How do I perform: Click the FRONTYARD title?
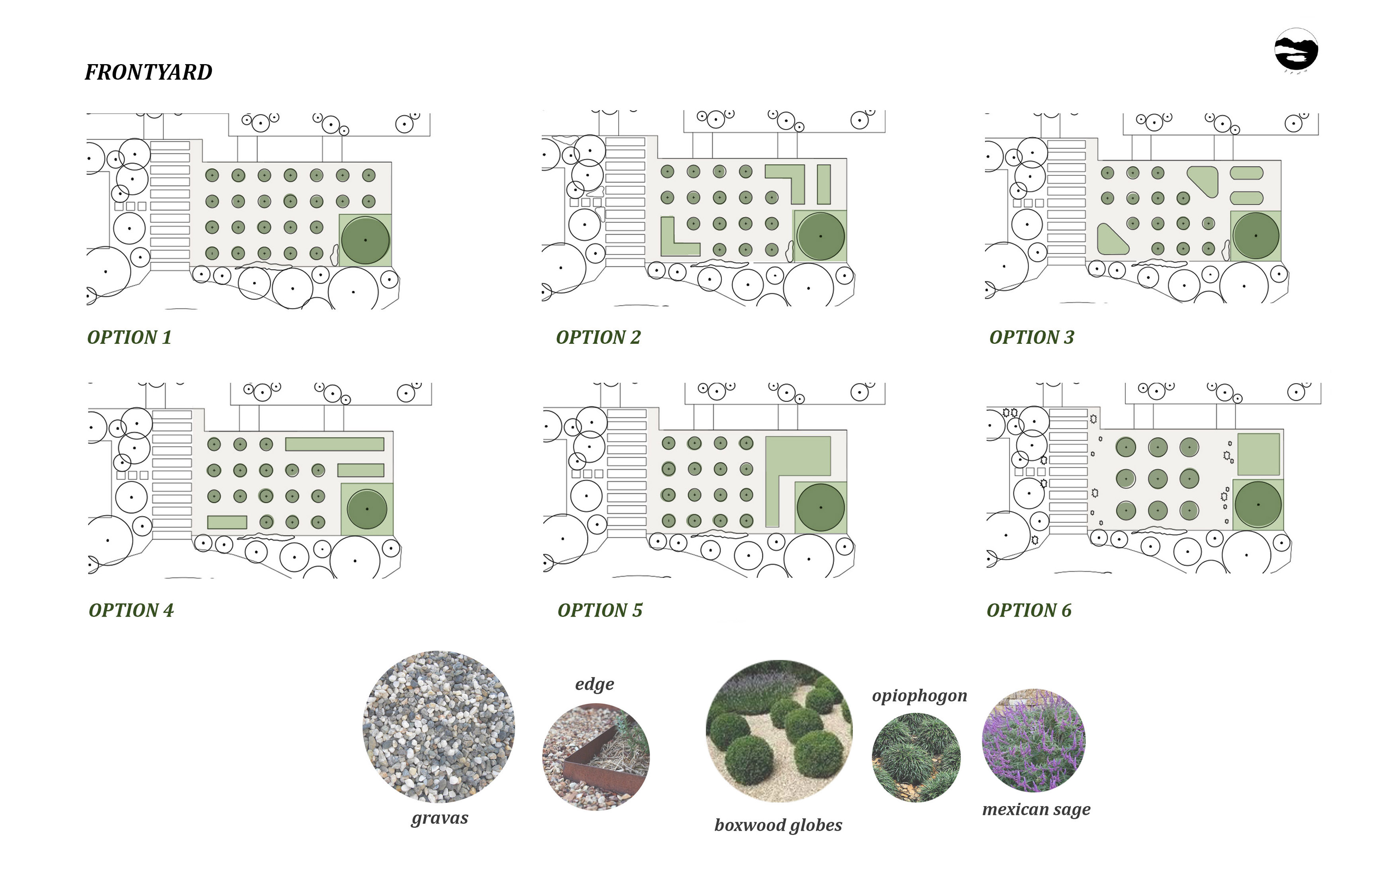148,72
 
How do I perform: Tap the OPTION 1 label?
129,337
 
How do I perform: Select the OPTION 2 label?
598,337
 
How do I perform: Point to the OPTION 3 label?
1032,337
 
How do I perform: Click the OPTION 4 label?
131,610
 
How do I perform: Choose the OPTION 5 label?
600,610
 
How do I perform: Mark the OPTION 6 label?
1029,610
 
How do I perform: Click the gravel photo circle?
439,726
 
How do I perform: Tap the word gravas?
440,818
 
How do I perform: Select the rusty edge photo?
596,757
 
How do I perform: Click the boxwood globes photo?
779,731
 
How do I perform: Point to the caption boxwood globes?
778,825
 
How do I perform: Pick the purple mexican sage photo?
1034,740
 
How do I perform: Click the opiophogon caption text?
920,696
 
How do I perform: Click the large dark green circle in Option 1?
366,240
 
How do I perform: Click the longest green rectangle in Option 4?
335,444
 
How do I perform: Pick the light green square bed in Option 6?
1259,454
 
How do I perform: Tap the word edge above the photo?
594,684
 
